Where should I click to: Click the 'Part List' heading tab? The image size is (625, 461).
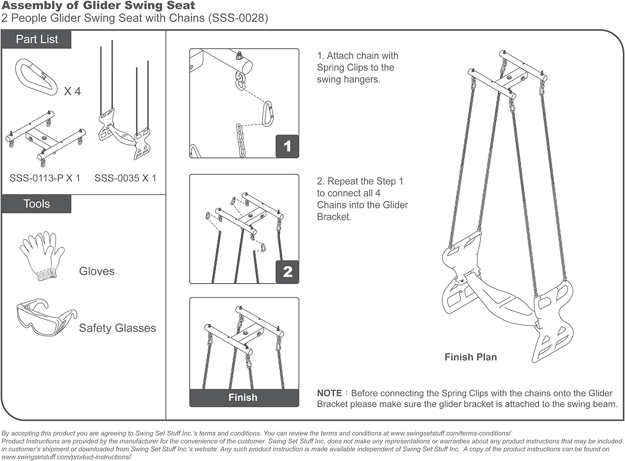click(x=37, y=39)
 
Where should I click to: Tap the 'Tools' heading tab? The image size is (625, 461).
click(x=37, y=204)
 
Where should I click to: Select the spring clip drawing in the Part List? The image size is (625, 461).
click(x=36, y=78)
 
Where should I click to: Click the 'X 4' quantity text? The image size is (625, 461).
click(x=72, y=91)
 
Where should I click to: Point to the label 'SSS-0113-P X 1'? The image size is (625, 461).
click(x=45, y=178)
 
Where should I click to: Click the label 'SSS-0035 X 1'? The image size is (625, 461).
click(x=125, y=178)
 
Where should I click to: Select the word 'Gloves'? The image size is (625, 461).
click(x=97, y=271)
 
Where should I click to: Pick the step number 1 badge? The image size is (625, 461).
click(x=287, y=146)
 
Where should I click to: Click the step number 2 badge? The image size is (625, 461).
click(x=287, y=272)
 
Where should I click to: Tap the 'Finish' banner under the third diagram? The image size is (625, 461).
click(x=243, y=398)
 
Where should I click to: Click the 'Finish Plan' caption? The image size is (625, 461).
click(x=470, y=357)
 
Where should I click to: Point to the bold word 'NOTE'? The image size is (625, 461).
click(x=329, y=393)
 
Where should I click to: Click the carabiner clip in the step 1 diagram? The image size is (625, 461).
click(x=267, y=113)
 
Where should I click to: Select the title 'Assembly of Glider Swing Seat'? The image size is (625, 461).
click(x=98, y=6)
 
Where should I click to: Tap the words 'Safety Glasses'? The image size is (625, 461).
click(x=117, y=328)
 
